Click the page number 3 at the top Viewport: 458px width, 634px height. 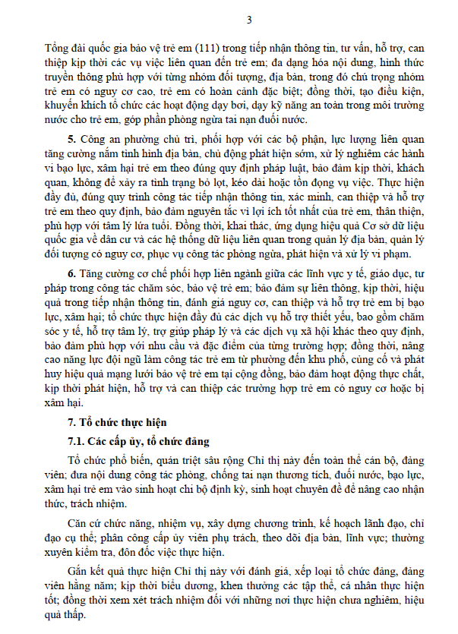[x=229, y=19]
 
